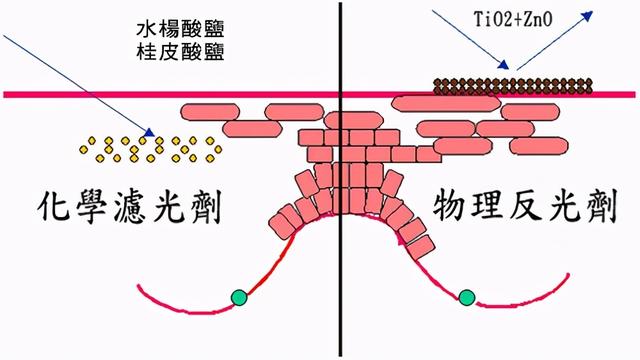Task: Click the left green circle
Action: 238,297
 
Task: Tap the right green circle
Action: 466,297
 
